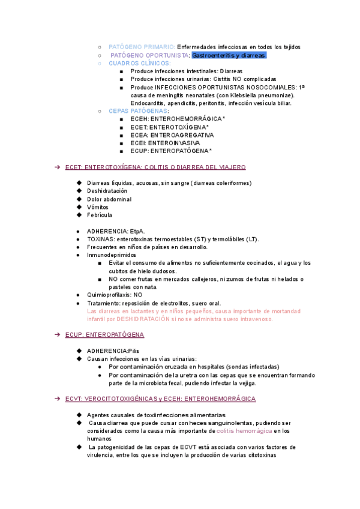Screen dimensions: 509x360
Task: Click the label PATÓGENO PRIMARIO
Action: point(142,47)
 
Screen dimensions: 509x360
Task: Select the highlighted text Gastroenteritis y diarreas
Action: point(229,55)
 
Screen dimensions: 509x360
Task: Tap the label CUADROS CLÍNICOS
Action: point(139,63)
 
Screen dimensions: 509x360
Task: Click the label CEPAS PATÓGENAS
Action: point(138,111)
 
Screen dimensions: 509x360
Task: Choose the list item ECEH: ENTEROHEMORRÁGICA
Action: point(177,119)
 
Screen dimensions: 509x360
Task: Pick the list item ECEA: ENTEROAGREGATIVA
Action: point(172,135)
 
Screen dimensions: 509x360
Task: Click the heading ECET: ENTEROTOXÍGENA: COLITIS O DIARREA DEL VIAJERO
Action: point(155,167)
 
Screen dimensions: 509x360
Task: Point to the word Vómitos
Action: point(98,207)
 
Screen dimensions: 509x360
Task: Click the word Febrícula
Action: point(99,215)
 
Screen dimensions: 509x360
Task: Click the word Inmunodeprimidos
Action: point(111,255)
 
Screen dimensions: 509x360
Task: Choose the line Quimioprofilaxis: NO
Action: point(115,295)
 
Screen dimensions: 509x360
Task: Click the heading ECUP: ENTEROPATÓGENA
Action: point(104,334)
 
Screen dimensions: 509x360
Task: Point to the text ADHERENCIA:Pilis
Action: point(113,351)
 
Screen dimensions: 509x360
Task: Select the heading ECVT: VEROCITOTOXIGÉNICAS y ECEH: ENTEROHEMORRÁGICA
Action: point(160,399)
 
